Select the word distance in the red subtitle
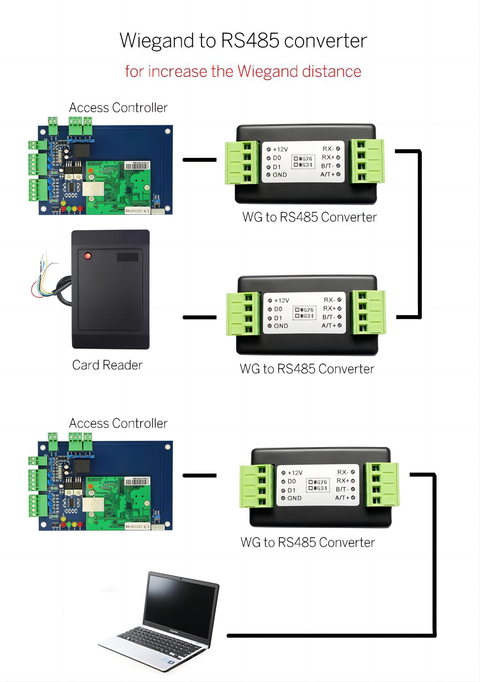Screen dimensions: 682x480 pyautogui.click(x=332, y=71)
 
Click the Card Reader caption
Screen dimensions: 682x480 pyautogui.click(x=107, y=365)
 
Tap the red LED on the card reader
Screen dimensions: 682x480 pyautogui.click(x=87, y=256)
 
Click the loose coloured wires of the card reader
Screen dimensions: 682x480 pyautogui.click(x=43, y=279)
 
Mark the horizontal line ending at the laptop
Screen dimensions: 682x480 pyautogui.click(x=330, y=636)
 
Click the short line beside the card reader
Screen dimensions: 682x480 pyautogui.click(x=199, y=317)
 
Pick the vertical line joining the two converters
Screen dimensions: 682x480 pyautogui.click(x=419, y=234)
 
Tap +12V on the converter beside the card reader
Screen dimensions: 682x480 pyautogui.click(x=282, y=301)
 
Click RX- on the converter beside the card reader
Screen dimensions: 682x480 pyautogui.click(x=329, y=300)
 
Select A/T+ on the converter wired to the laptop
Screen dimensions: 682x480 pyautogui.click(x=342, y=498)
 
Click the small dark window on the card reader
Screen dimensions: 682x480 pyautogui.click(x=127, y=257)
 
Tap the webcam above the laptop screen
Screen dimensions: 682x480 pyautogui.click(x=181, y=579)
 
